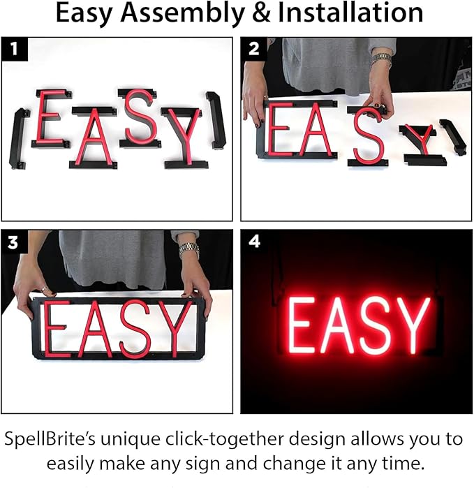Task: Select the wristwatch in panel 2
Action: point(381,59)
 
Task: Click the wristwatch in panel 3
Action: point(188,250)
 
